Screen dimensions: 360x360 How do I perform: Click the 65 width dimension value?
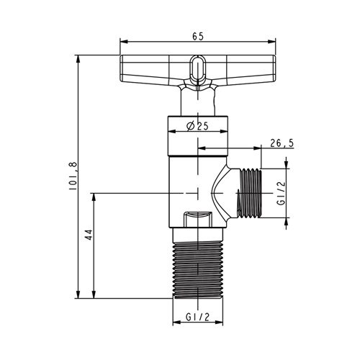pyautogui.click(x=198, y=36)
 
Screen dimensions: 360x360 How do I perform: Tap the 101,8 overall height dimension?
pyautogui.click(x=73, y=176)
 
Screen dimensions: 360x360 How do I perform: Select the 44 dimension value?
pyautogui.click(x=89, y=235)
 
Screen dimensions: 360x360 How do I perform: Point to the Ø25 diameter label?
pyautogui.click(x=197, y=126)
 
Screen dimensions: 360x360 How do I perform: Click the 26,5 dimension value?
pyautogui.click(x=282, y=143)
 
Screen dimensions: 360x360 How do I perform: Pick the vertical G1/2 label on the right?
pyautogui.click(x=281, y=193)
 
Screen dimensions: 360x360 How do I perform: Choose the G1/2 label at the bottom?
pyautogui.click(x=197, y=318)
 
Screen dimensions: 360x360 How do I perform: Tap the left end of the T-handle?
pyautogui.click(x=122, y=68)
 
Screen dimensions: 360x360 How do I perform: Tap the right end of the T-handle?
pyautogui.click(x=274, y=68)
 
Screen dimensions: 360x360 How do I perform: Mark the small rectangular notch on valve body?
pyautogui.click(x=197, y=219)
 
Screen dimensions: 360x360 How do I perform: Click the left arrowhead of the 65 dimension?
pyautogui.click(x=123, y=42)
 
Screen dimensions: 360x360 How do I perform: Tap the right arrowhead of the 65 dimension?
pyautogui.click(x=272, y=42)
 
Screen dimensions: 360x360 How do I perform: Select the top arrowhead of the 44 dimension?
pyautogui.click(x=94, y=197)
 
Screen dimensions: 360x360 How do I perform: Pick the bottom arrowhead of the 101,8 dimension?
pyautogui.click(x=78, y=294)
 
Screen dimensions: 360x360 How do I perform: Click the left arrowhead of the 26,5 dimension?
pyautogui.click(x=202, y=148)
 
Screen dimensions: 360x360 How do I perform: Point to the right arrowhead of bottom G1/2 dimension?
pyautogui.click(x=219, y=323)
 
